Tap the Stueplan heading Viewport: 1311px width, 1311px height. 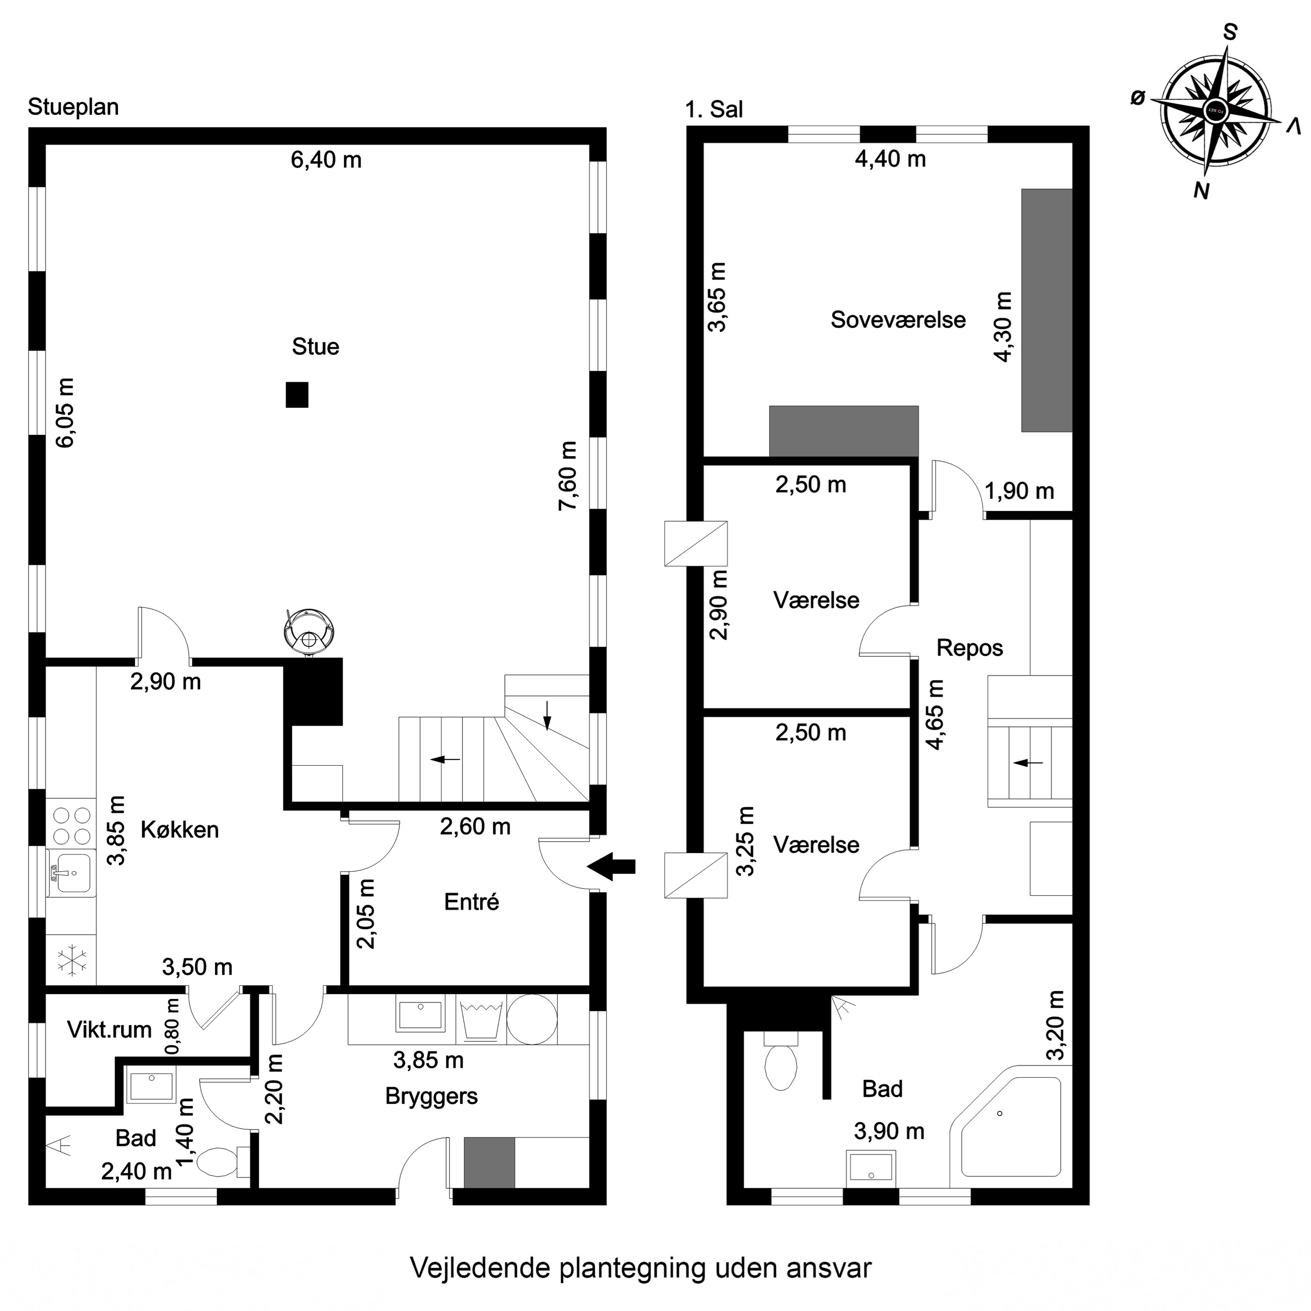pos(73,107)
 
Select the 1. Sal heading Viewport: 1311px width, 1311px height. pos(714,109)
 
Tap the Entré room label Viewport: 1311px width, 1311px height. pos(472,902)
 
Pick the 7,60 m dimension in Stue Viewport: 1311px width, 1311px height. pos(567,476)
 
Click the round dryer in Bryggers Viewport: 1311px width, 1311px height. pos(532,1019)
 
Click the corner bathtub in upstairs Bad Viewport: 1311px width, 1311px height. pos(1006,1128)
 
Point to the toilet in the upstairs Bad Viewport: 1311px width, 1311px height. pos(781,1061)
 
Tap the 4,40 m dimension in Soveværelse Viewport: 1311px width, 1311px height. pos(890,159)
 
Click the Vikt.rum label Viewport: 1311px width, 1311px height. pos(109,1030)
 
